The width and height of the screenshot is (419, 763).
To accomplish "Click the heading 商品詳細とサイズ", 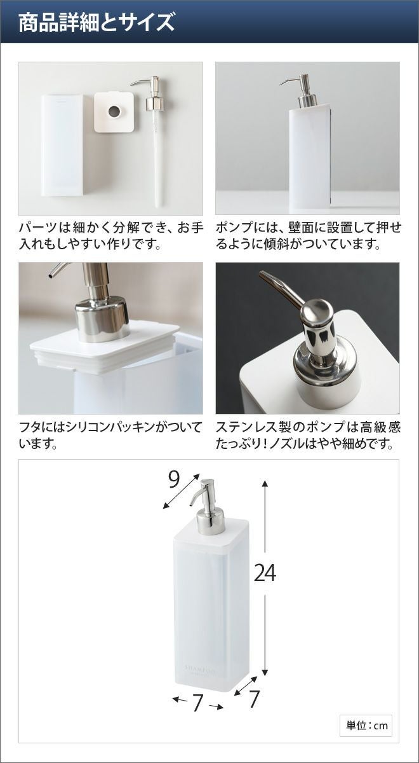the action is point(96,22).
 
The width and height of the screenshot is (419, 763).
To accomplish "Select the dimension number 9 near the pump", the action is point(173,480).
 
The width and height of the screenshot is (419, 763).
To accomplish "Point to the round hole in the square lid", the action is point(114,112).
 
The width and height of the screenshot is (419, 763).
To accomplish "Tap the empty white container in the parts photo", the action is point(62,145).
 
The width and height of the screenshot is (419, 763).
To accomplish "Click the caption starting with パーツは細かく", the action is point(111,236).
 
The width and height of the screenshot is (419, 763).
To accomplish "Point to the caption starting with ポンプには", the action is point(308,236).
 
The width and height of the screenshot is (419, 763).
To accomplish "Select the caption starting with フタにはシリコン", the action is point(110,435).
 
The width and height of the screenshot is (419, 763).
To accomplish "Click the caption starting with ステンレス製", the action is point(308,435).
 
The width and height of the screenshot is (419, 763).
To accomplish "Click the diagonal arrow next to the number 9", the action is point(180,491).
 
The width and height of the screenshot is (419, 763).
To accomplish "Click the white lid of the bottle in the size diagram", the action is point(211,535).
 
